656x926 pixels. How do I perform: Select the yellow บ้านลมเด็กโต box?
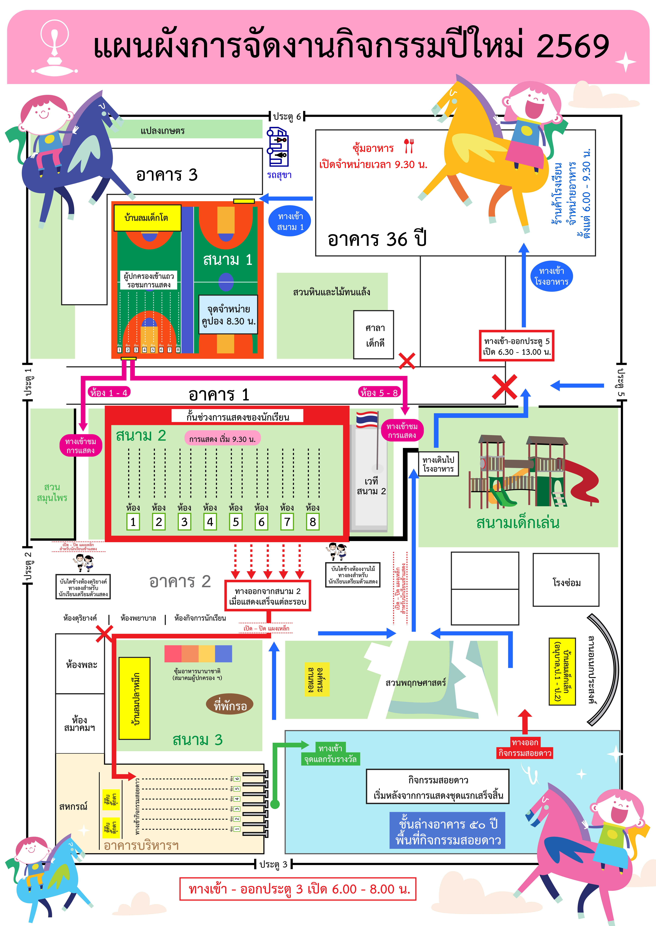(147, 218)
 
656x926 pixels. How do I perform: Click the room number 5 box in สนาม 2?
(236, 522)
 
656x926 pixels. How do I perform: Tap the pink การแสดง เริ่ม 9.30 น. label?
(223, 439)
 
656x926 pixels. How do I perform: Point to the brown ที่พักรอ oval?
(230, 705)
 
